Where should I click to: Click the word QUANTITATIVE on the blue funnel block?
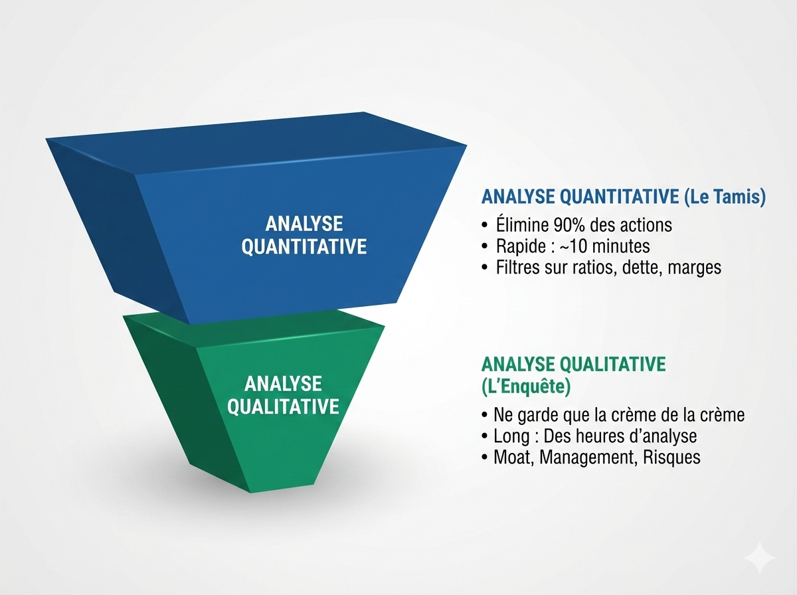(x=304, y=247)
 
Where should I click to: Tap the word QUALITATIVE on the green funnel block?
(x=283, y=406)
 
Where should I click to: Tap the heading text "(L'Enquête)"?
(x=525, y=386)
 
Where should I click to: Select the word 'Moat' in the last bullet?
(x=512, y=458)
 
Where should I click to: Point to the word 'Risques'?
(x=671, y=458)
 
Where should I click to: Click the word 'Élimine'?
(x=521, y=224)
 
